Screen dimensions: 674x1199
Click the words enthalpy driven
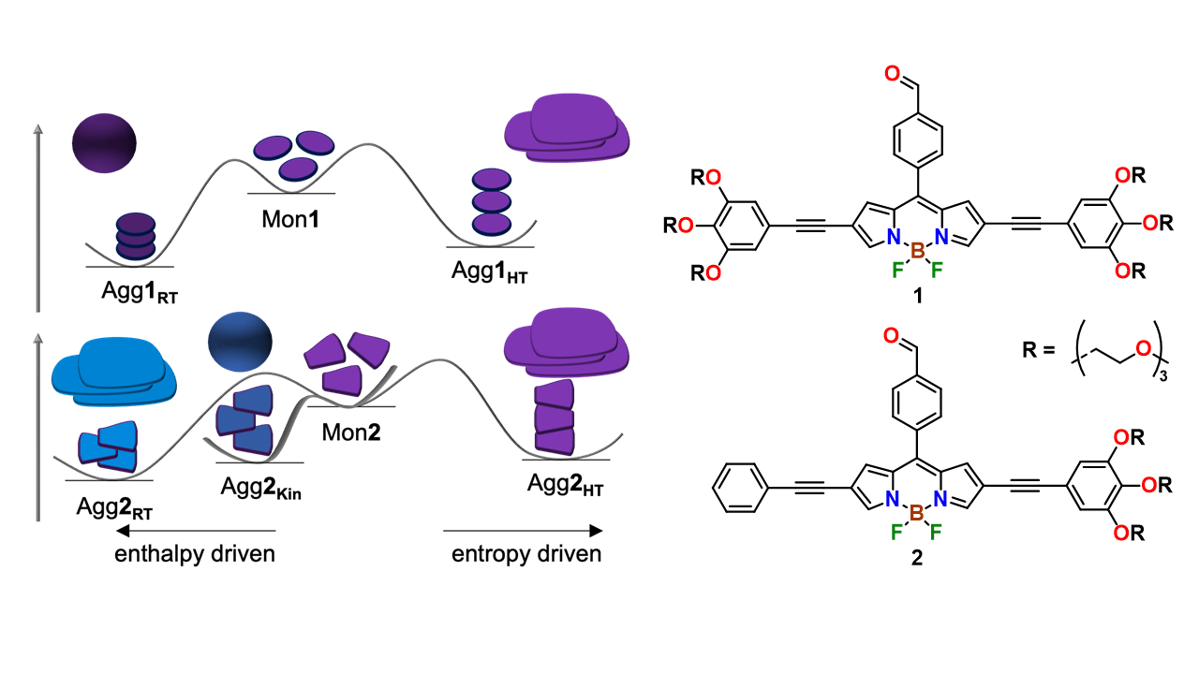click(x=195, y=553)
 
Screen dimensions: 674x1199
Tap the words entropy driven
click(x=526, y=553)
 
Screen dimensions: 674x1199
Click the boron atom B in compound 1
click(x=915, y=251)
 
